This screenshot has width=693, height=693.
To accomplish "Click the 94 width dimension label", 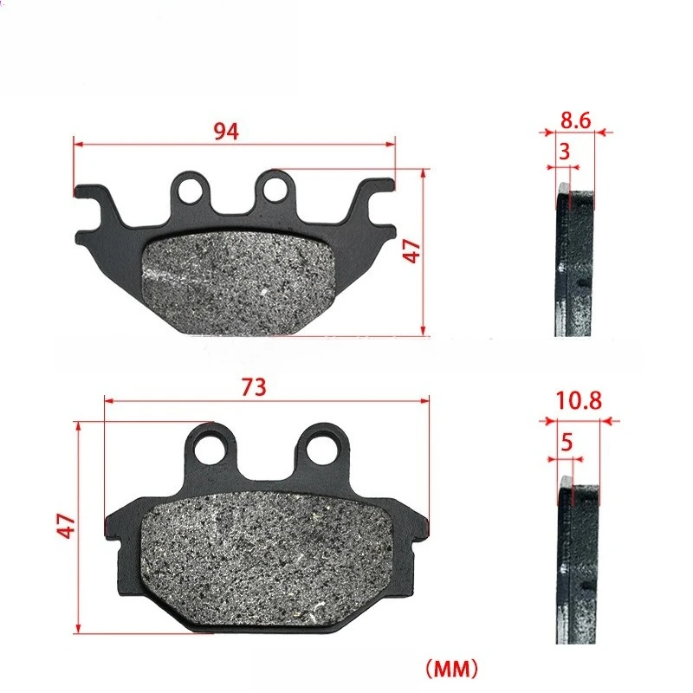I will (x=226, y=132).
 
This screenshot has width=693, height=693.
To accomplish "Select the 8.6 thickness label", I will (x=574, y=120).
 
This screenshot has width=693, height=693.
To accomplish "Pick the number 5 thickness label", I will (x=567, y=442).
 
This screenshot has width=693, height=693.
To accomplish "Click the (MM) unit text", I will (x=449, y=669).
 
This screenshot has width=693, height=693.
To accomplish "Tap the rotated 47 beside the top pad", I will (x=413, y=251).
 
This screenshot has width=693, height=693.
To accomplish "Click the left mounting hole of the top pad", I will (x=193, y=188).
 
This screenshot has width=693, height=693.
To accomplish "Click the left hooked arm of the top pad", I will (x=97, y=204).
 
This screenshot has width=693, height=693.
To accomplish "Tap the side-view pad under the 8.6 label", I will (x=573, y=264).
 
